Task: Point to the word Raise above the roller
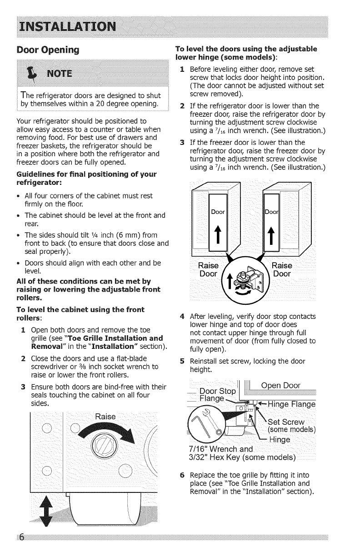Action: click(x=104, y=417)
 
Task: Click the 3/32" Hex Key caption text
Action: click(x=242, y=457)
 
